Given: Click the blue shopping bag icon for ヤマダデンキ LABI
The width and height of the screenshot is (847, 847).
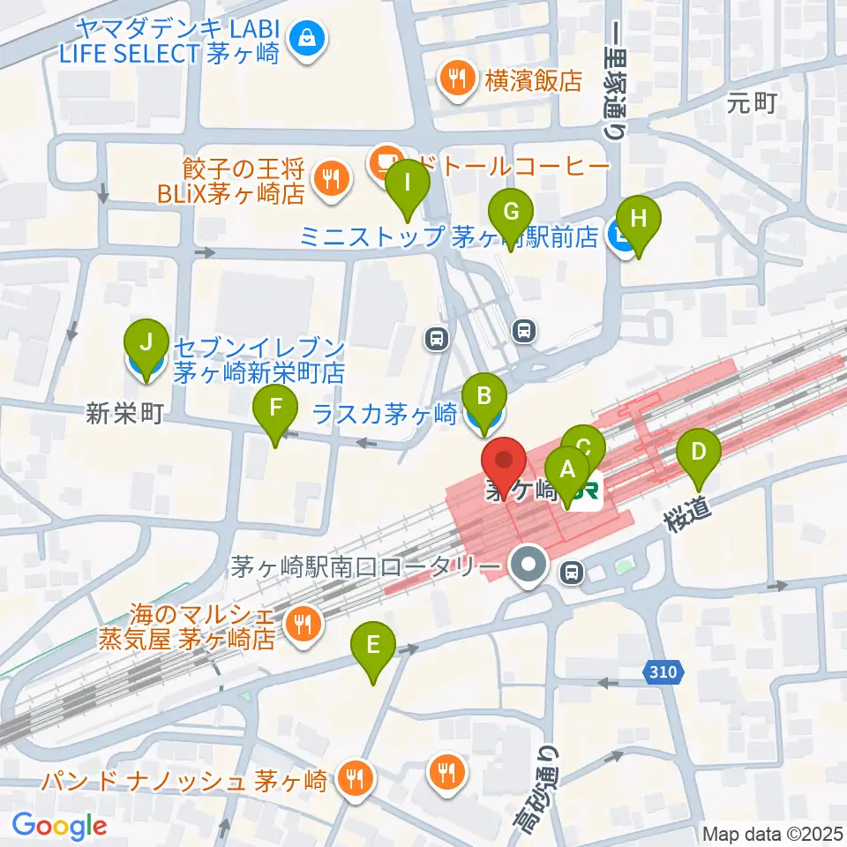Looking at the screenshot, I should click(x=307, y=40).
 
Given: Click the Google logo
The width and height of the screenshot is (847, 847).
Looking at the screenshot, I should click(x=59, y=826).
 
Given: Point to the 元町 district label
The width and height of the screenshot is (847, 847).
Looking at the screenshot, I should click(x=751, y=103).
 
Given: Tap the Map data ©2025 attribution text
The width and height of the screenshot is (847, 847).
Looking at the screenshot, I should click(x=772, y=834).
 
